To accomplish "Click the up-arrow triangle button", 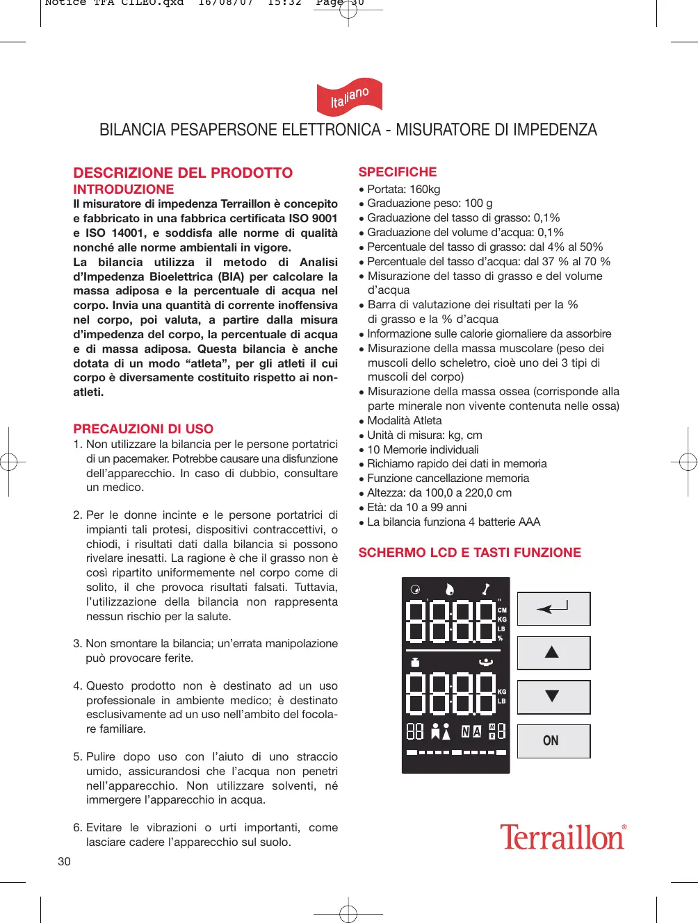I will [x=553, y=652].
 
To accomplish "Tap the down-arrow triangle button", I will [x=553, y=697].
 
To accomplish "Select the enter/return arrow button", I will [x=553, y=608].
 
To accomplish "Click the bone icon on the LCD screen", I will [x=485, y=590].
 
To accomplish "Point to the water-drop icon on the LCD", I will [x=450, y=590].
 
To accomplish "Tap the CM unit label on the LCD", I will [x=502, y=610].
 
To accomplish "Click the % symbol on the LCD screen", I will [x=500, y=638].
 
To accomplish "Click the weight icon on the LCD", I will [x=415, y=662].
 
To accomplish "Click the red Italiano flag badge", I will [x=349, y=98].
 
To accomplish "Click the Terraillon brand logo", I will [x=562, y=838].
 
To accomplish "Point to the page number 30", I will [x=64, y=861].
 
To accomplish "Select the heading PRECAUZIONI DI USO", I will [x=143, y=429].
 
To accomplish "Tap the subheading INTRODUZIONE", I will [x=124, y=190].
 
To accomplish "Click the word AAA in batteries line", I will [x=528, y=522].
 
